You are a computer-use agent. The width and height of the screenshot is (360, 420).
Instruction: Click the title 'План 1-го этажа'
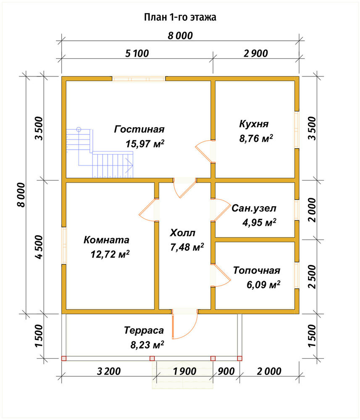point(180,17)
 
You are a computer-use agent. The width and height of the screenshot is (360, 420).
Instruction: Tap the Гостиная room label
point(139,129)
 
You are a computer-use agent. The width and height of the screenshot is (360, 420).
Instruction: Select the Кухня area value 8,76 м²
point(256,138)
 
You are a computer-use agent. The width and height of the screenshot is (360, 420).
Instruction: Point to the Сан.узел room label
point(254,208)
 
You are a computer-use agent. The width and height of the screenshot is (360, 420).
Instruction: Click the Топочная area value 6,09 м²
point(263,284)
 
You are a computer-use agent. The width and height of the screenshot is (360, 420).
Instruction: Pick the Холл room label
point(183,233)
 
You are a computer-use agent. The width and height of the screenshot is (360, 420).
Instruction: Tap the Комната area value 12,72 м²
point(110,254)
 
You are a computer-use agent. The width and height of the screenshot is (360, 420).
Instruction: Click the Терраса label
point(144,330)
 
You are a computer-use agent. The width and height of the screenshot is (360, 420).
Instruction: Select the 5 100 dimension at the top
point(137,53)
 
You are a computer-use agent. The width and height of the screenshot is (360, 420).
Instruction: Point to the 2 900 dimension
point(256,53)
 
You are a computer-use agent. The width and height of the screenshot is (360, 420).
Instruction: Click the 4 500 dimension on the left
point(39,247)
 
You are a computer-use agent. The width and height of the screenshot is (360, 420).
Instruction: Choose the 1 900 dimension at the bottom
point(184,371)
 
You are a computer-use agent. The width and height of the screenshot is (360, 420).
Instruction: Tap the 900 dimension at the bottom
point(226,371)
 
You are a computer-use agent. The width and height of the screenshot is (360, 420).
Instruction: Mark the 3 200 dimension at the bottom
point(109,371)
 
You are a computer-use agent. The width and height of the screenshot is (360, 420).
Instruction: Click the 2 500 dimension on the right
point(312,277)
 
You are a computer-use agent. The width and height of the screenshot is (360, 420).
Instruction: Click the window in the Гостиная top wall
point(139,79)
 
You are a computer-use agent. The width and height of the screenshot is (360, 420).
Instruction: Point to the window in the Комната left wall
point(64,246)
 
